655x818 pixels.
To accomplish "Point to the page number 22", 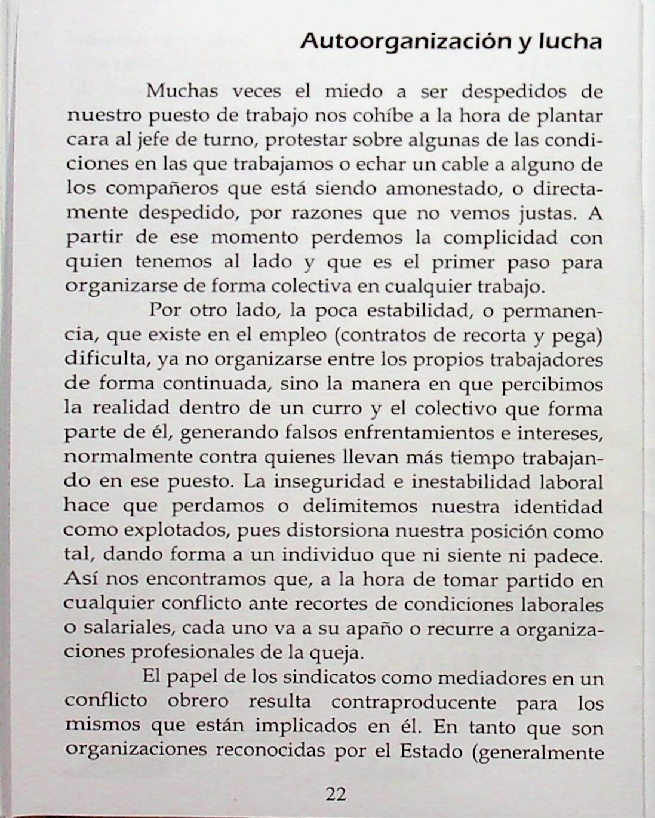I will tap(336, 794).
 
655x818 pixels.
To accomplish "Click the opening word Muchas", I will tap(182, 91).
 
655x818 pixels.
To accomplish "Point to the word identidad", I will tap(558, 506).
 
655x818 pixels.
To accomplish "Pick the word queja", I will tap(343, 653).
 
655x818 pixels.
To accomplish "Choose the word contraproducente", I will tap(414, 702).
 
